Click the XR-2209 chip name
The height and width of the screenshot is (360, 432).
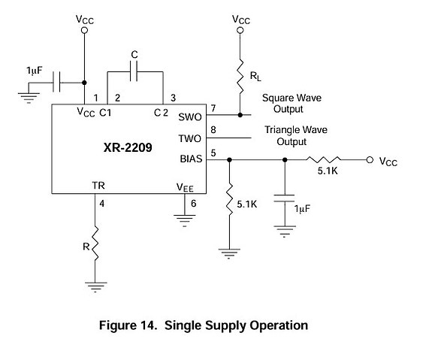pos(128,147)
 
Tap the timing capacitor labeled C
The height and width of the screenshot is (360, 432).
pos(134,71)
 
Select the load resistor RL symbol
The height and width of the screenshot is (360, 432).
pos(240,77)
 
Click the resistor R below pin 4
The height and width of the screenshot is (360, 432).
pos(95,244)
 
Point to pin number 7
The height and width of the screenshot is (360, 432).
pos(213,108)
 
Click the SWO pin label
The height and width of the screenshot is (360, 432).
pos(190,117)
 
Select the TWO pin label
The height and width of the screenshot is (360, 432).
pos(189,138)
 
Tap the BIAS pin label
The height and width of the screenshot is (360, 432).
pos(191,159)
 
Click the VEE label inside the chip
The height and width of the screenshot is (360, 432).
pos(185,187)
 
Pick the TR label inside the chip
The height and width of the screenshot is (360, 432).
pos(98,186)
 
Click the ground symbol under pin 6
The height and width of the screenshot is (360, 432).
pos(185,220)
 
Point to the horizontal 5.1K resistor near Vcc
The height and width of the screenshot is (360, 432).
pos(323,159)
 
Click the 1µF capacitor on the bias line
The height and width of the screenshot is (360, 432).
pos(284,198)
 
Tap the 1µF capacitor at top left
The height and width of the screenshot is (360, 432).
pos(56,82)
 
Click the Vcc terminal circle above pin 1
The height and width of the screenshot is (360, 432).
pos(85,30)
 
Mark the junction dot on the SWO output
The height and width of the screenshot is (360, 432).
pos(240,115)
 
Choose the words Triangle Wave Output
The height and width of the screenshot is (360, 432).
pos(296,135)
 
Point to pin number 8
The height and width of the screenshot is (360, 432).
pos(213,129)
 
